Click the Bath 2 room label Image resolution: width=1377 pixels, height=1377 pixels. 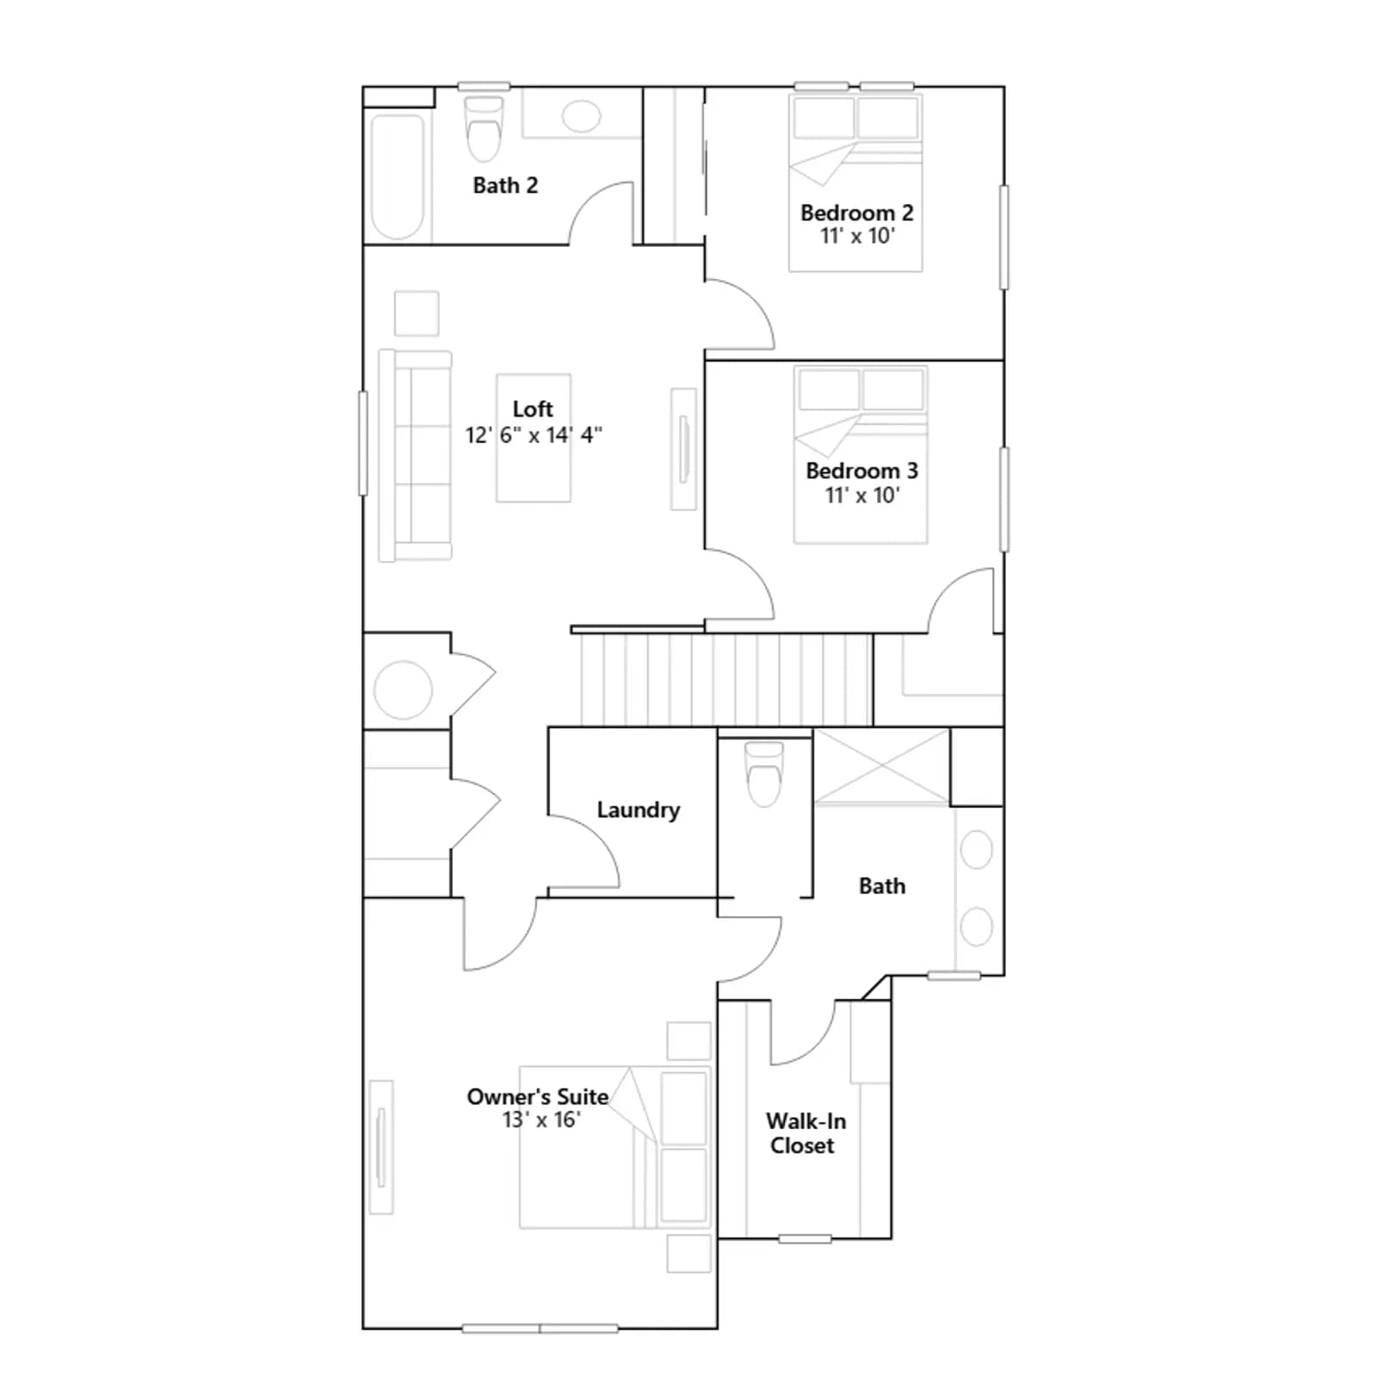click(x=505, y=185)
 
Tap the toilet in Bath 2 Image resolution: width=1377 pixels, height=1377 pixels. click(x=483, y=129)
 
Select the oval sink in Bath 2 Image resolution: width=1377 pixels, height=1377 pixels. click(x=582, y=116)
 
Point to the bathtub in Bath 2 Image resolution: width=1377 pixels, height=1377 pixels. click(x=397, y=176)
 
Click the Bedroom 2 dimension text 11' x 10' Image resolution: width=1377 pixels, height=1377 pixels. click(x=857, y=236)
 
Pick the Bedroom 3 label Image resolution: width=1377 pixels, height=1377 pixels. click(x=861, y=471)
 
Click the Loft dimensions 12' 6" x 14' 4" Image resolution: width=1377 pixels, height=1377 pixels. click(x=534, y=435)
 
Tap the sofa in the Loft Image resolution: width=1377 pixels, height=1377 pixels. click(x=415, y=455)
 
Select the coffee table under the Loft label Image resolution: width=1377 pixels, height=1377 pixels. click(x=534, y=438)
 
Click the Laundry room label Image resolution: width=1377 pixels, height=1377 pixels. click(x=638, y=810)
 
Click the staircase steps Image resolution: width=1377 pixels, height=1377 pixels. click(x=726, y=680)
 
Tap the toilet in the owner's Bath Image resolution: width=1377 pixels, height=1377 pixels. click(x=764, y=774)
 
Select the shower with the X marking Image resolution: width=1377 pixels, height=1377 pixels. click(x=881, y=767)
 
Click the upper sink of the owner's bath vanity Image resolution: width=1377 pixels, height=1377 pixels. click(x=977, y=849)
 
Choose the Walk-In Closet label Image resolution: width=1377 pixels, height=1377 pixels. click(x=805, y=1133)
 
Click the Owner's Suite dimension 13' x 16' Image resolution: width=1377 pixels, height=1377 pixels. click(x=541, y=1119)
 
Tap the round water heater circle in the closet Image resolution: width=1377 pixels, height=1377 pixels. click(x=403, y=689)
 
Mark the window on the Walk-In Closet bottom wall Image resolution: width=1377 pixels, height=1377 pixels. click(x=805, y=1238)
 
